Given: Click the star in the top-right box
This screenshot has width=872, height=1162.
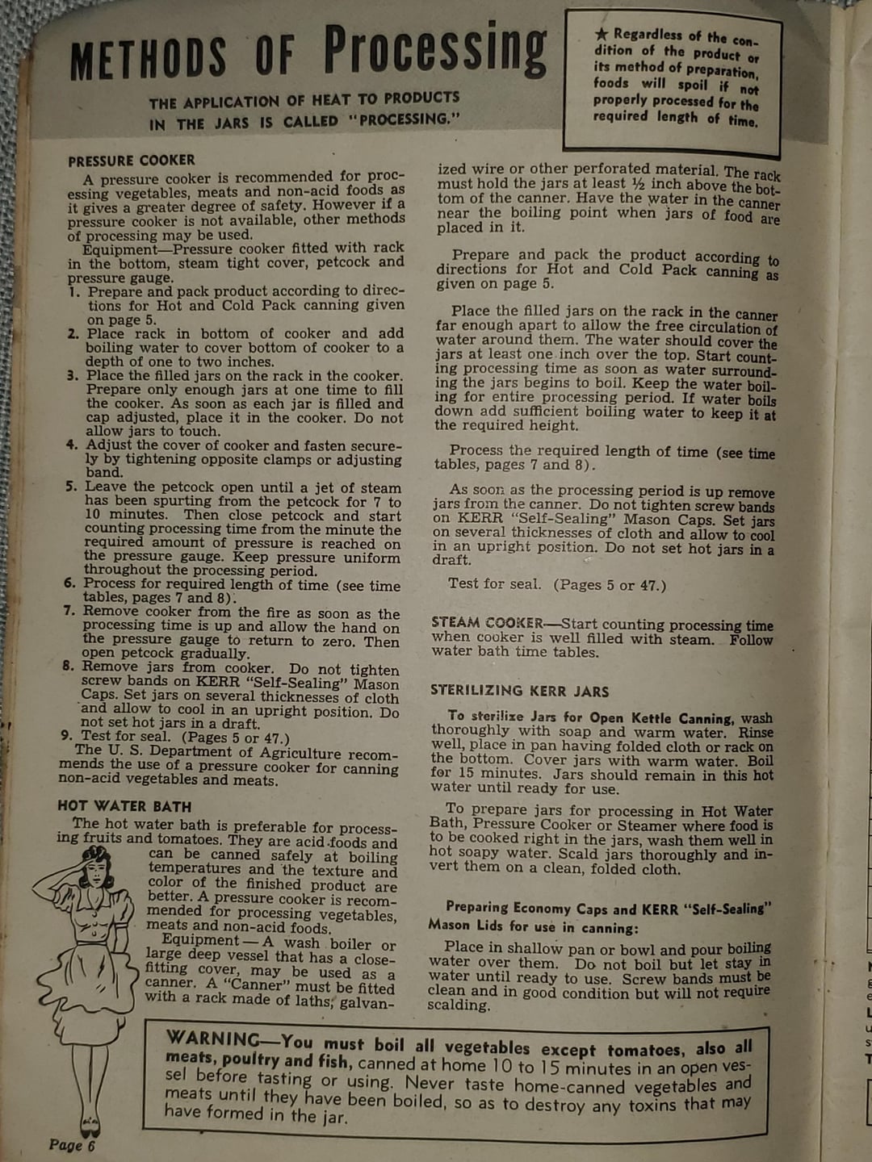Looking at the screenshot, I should pos(602,34).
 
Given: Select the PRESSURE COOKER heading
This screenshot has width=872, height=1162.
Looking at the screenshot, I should pos(132,161).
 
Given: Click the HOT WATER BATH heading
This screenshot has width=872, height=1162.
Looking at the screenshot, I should pos(124,805).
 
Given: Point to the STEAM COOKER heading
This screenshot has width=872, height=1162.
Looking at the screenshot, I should pos(487,622).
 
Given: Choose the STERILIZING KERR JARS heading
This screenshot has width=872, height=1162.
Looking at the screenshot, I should pos(519,691).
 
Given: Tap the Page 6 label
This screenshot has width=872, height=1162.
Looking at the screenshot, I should pos(72,1144).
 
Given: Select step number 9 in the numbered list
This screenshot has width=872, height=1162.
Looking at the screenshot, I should pos(67,735).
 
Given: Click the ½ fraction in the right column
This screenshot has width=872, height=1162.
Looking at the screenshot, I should pos(637,183).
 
